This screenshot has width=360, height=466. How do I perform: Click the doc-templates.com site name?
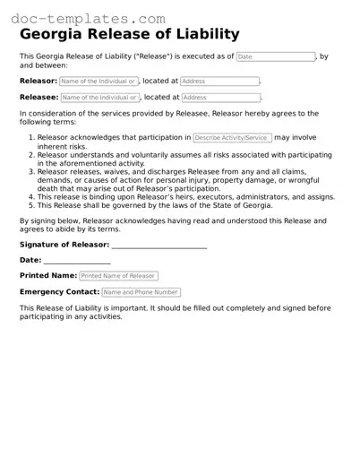pos(83,17)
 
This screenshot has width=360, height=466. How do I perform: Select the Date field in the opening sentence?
pos(276,56)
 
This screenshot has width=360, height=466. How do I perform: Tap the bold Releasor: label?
pos(39,81)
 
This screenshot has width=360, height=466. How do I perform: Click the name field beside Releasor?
pos(99,82)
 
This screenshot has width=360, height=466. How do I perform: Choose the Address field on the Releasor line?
pos(219,82)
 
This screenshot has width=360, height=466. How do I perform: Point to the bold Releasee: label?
pos(39,97)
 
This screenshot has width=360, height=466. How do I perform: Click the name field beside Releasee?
pos(99,98)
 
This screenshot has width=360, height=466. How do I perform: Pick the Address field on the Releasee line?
pos(219,98)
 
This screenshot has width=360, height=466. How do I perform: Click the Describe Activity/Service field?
pos(232,138)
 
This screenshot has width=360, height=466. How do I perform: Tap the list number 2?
pos(32,154)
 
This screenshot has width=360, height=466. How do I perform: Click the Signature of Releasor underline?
pos(159,244)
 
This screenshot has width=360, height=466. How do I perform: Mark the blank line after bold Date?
pos(77,260)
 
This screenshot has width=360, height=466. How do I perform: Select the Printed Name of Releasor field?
pos(118,276)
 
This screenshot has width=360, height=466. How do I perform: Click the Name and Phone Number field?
pos(141,292)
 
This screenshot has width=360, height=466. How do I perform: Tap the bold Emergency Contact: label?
pos(59,292)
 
